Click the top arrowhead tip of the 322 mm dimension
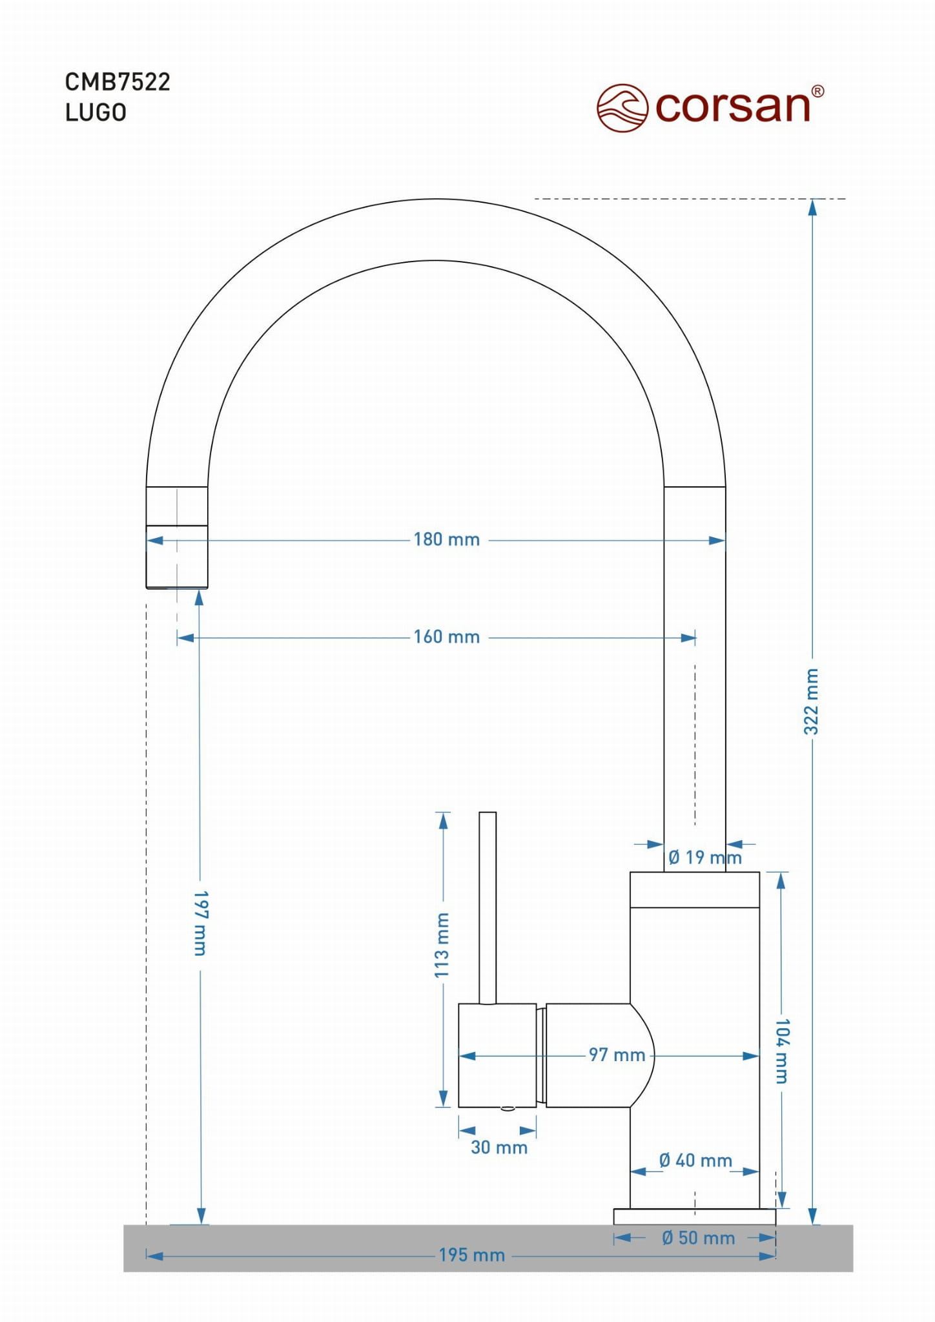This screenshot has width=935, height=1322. (x=812, y=200)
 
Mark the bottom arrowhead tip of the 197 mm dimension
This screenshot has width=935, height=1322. (x=201, y=1224)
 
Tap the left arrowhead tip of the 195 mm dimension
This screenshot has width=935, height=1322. (x=147, y=1255)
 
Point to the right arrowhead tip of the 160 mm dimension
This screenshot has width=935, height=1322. (x=696, y=638)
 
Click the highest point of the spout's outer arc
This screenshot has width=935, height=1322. (x=435, y=199)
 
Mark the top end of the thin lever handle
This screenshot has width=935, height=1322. (x=488, y=812)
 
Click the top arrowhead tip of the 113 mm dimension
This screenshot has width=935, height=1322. (x=443, y=812)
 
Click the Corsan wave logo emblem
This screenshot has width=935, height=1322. (x=622, y=108)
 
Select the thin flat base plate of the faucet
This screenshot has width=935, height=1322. (x=694, y=1217)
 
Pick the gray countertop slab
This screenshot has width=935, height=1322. (x=488, y=1248)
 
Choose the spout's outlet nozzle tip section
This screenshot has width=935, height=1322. (x=177, y=557)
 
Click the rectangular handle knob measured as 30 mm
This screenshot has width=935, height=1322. (x=497, y=1055)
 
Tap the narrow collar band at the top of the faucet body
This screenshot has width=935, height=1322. (x=694, y=890)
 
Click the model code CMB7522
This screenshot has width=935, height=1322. (x=118, y=82)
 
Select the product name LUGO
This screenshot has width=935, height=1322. (x=96, y=112)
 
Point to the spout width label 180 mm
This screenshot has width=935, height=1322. (x=447, y=539)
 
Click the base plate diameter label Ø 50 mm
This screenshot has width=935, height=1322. (x=698, y=1238)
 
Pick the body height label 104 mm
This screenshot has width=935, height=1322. (x=782, y=1051)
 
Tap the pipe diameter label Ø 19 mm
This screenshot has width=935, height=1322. (x=705, y=858)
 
